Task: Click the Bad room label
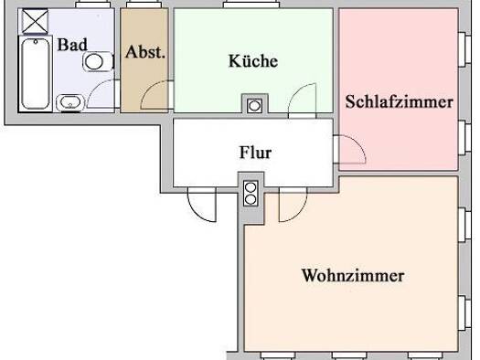tap(72, 45)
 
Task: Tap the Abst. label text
tap(145, 52)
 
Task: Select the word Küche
tap(253, 60)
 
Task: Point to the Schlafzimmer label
tap(400, 101)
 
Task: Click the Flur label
tap(255, 153)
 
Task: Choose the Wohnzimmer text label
tap(353, 275)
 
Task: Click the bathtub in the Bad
tap(35, 73)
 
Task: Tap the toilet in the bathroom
tap(98, 61)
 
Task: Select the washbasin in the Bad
tap(70, 102)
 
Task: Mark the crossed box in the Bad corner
tap(36, 21)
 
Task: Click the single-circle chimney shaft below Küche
tap(255, 106)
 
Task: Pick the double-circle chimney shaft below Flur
tap(251, 193)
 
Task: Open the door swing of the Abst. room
tap(156, 94)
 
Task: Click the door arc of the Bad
tap(102, 93)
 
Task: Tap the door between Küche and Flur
tap(302, 101)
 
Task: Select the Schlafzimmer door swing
tap(349, 149)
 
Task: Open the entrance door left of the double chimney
tap(202, 205)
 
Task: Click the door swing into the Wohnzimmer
tap(293, 205)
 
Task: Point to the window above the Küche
tap(251, 5)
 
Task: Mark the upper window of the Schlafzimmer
tap(464, 49)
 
